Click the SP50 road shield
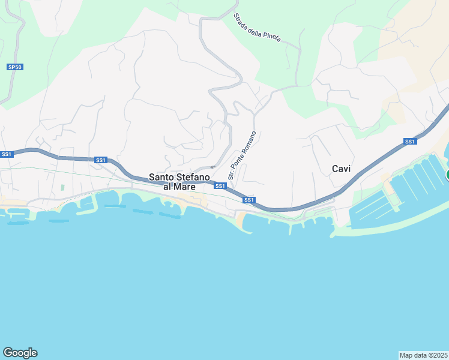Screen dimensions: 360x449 (15, 67)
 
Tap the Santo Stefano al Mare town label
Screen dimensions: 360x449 (179, 182)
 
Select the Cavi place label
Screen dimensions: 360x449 (341, 169)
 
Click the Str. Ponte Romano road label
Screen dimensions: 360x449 (242, 155)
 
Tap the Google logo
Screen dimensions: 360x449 (20, 352)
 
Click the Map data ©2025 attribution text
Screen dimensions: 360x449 (423, 355)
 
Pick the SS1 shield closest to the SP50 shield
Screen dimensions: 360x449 (7, 154)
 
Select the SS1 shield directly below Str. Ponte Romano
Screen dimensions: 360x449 (220, 186)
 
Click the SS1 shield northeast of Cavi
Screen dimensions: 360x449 (410, 142)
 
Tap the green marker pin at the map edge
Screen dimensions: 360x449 (447, 175)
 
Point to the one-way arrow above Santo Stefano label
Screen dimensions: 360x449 (212, 167)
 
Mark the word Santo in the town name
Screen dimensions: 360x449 (161, 177)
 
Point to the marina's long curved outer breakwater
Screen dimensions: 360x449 (390, 224)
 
